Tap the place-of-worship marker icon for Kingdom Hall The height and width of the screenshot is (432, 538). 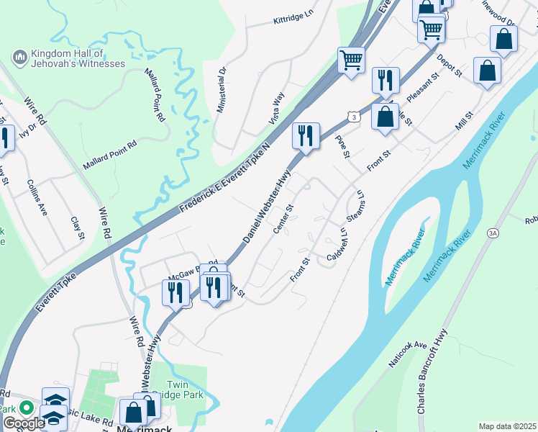click(x=19, y=55)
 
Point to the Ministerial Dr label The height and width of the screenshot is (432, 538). click(x=222, y=90)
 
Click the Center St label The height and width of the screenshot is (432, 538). click(x=283, y=220)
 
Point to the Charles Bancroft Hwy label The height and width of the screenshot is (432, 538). click(x=432, y=381)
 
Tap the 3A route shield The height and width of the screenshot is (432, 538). click(x=493, y=233)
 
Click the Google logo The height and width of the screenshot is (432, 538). click(x=24, y=423)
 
